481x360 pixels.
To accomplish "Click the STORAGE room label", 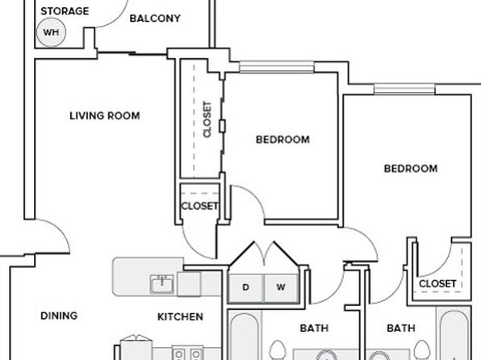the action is click(x=65, y=11).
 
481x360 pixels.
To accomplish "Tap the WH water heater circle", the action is click(x=51, y=32).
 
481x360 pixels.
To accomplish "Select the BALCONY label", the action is click(x=155, y=19).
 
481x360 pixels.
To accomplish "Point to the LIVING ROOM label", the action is click(x=105, y=115).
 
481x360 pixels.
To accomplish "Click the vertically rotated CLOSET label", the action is click(x=207, y=119).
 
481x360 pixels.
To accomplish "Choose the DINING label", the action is click(x=59, y=316).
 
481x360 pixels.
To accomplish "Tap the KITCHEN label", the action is click(x=180, y=316).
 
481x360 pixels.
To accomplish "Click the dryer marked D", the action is click(x=245, y=288).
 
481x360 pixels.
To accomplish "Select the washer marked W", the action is click(x=281, y=288).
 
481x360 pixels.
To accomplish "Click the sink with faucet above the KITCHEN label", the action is click(x=161, y=284).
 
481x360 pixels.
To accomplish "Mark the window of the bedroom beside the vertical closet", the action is click(x=277, y=67).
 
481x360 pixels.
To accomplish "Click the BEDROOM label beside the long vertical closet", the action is click(x=282, y=140).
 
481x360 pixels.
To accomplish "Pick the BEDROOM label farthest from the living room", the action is click(x=411, y=169).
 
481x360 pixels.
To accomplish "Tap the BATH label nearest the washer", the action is click(x=314, y=328).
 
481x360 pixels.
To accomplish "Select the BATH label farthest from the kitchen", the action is click(x=401, y=328).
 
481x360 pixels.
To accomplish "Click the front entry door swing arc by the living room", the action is click(x=55, y=231).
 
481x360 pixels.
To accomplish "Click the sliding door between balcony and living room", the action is click(x=132, y=54).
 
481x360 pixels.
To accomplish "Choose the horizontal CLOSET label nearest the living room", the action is click(x=199, y=206).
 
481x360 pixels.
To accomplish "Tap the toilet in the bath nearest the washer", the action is click(x=278, y=350).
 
